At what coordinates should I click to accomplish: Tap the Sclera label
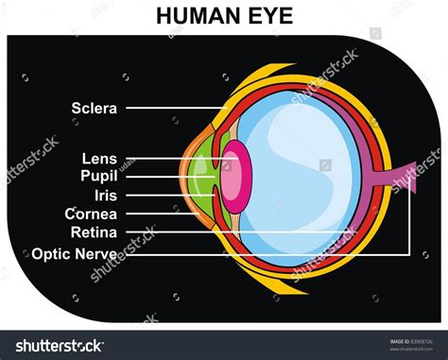[x=95, y=108]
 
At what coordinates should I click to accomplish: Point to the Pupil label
[x=98, y=176]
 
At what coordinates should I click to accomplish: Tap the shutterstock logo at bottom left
[x=57, y=346]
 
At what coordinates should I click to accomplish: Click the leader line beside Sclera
[x=170, y=108]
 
